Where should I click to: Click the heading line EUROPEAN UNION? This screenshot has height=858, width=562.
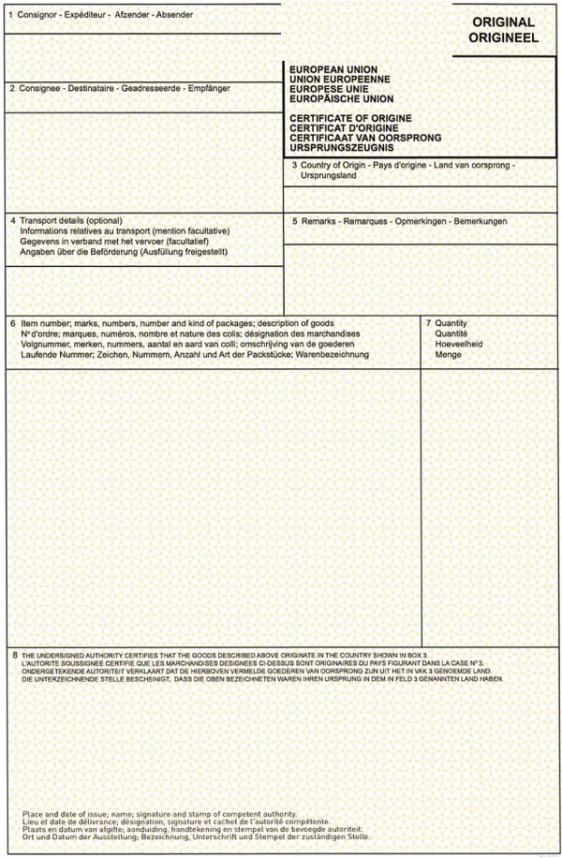click(333, 70)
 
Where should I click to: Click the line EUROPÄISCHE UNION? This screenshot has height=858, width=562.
click(342, 98)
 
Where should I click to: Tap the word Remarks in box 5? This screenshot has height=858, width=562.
click(318, 221)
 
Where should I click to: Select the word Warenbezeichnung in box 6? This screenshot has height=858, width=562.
click(332, 354)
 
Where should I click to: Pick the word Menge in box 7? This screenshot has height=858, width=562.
click(448, 354)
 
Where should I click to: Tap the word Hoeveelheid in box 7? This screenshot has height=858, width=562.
click(459, 344)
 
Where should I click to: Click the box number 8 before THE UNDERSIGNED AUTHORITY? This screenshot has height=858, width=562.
click(15, 654)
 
